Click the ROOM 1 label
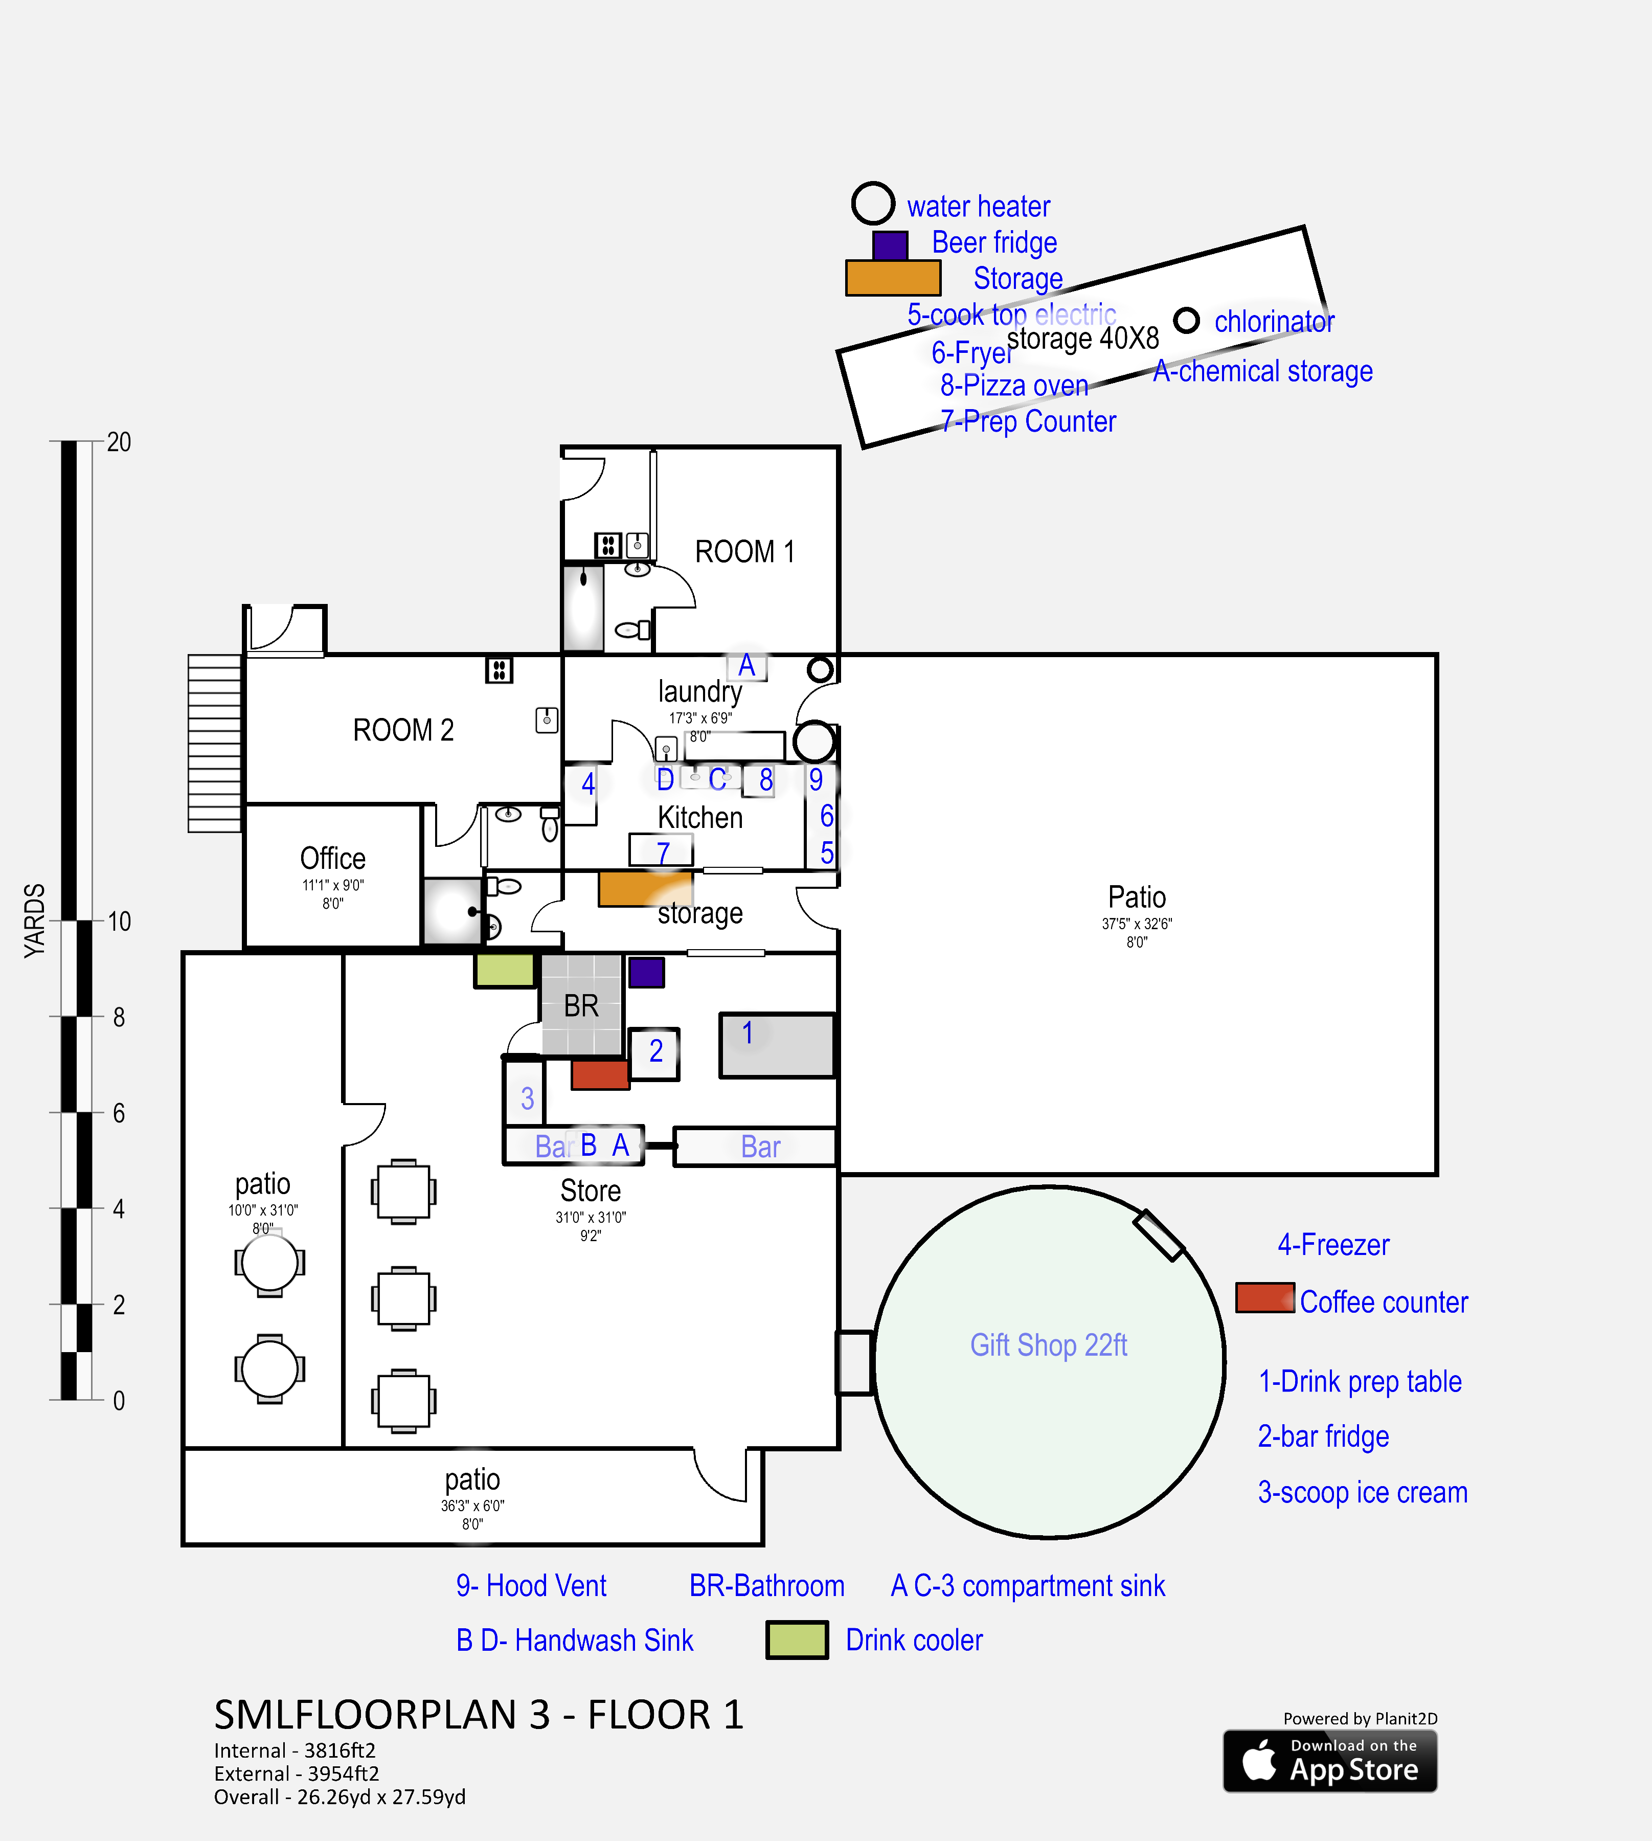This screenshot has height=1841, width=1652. point(744,552)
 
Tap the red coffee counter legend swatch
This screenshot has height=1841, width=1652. point(1264,1298)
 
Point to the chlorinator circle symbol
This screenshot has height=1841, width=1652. point(1186,321)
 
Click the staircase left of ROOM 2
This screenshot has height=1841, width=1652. point(214,743)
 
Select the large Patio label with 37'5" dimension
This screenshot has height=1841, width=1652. point(1137,898)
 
